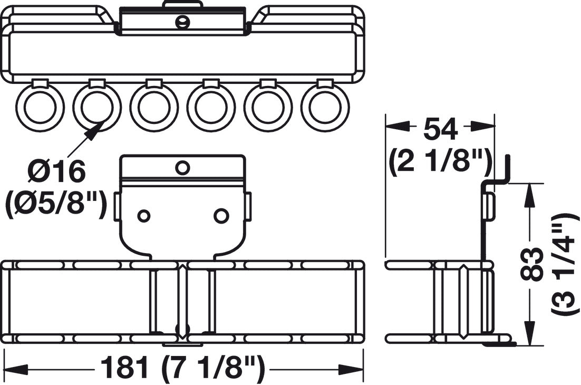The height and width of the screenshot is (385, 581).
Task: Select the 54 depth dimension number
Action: pos(441,130)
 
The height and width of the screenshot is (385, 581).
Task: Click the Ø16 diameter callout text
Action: pos(57,171)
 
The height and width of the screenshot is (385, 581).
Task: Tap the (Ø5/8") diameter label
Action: pos(56,204)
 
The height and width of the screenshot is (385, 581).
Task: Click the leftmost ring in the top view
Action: pos(40,108)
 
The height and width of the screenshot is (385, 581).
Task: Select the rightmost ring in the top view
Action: pos(325,108)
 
